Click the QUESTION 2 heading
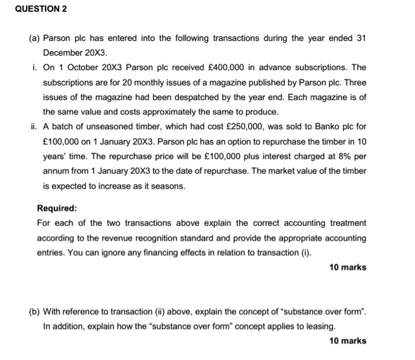[34, 9]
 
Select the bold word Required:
[57, 209]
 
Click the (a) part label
[34, 39]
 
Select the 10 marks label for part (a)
[347, 267]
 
